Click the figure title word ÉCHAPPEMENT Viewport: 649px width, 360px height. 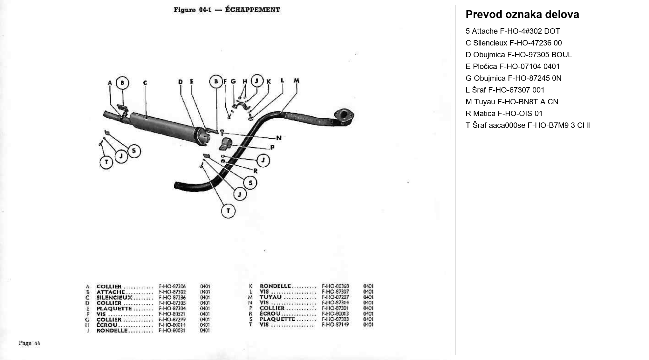[x=252, y=10]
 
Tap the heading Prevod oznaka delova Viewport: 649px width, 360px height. [x=522, y=15]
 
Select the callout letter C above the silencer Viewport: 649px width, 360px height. [x=145, y=83]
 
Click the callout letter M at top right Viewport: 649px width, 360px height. [x=296, y=81]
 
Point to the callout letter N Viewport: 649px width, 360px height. [x=279, y=138]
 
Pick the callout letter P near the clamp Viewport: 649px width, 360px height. [x=272, y=147]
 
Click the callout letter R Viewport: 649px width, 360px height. [x=255, y=171]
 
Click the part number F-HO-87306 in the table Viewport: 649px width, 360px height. [x=172, y=286]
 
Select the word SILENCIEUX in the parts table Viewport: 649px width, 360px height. [x=114, y=297]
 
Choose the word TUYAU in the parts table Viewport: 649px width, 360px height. [x=270, y=297]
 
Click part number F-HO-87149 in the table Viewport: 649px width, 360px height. [x=335, y=325]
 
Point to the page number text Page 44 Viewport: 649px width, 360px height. [x=29, y=343]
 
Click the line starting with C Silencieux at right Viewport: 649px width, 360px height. [x=513, y=43]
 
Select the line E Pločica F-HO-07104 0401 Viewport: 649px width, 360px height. [x=512, y=66]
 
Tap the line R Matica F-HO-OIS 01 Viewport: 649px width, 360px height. [x=504, y=114]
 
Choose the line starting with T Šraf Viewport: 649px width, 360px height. [x=527, y=125]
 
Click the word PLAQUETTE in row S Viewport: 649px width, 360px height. [x=277, y=319]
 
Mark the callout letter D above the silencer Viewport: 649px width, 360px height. [x=181, y=82]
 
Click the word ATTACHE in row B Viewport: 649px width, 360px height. [x=111, y=292]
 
